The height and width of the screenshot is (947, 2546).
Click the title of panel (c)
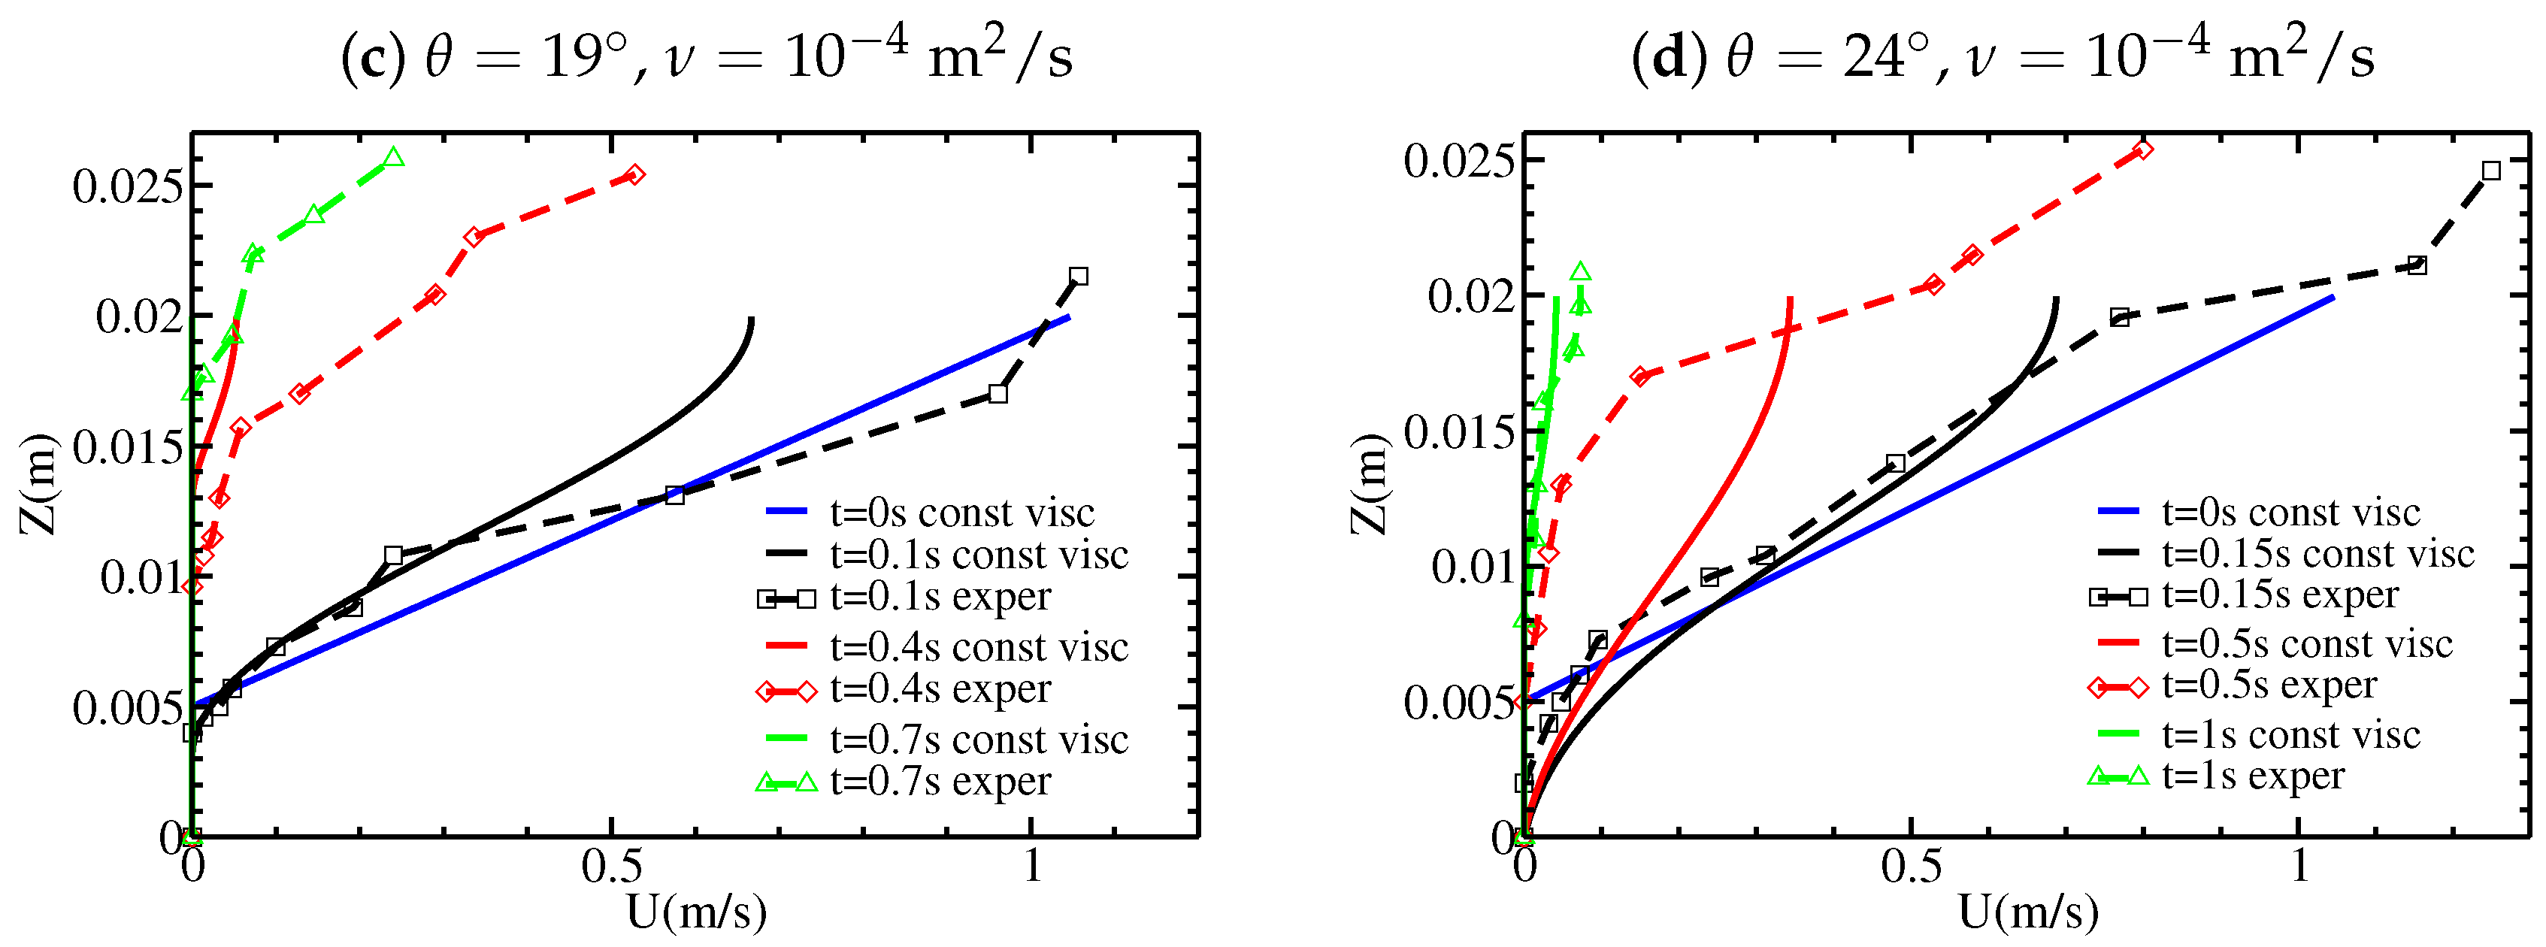(706, 56)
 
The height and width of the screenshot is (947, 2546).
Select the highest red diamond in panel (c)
(634, 175)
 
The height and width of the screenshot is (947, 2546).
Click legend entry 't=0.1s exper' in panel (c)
(939, 597)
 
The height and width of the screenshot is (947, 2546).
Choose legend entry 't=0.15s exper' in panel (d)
(2278, 595)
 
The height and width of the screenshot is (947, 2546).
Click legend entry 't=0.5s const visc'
(2305, 643)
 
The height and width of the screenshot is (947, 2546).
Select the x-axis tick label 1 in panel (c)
(1032, 866)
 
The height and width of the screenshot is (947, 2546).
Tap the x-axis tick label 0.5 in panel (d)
(1911, 866)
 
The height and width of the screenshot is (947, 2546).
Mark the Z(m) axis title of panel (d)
(1370, 483)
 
